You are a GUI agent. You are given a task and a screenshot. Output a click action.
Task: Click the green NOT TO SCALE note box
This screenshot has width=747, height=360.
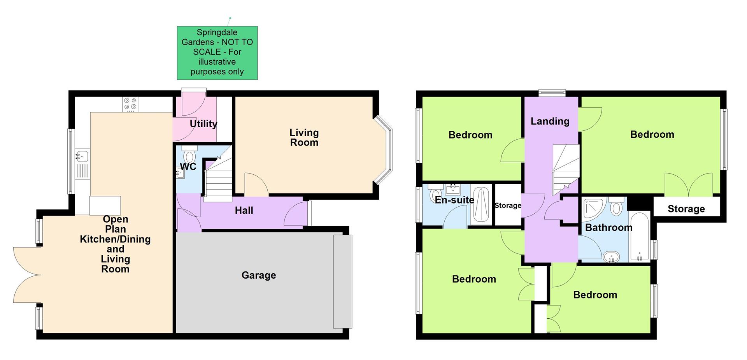click(x=217, y=53)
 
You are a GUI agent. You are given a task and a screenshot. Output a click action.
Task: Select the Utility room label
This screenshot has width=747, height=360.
click(x=203, y=124)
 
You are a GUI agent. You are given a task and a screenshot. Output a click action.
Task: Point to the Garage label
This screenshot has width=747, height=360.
click(x=259, y=275)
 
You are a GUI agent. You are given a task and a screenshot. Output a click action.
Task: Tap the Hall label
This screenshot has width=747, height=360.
click(x=244, y=211)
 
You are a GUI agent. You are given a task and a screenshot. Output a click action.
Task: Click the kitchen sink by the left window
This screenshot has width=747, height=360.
click(x=82, y=156)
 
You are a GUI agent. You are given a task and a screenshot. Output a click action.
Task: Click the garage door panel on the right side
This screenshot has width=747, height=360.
click(x=343, y=281)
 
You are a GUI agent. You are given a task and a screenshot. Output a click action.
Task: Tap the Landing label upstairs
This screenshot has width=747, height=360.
click(x=550, y=121)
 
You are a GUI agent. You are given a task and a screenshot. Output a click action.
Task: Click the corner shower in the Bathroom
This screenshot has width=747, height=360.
click(x=593, y=208)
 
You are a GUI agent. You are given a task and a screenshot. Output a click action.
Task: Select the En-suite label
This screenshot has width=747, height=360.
click(x=454, y=200)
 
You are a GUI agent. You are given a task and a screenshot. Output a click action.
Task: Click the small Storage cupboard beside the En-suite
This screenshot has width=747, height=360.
click(x=508, y=205)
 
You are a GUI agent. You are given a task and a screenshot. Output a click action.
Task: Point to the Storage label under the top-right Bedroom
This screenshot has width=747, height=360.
click(x=686, y=209)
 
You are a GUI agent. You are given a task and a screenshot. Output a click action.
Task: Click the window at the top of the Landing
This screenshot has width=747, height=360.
click(x=552, y=93)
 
